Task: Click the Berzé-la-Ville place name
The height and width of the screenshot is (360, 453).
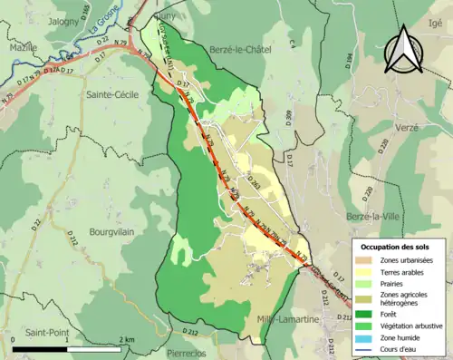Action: tap(374, 216)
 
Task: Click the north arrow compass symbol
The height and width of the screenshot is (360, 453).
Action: tap(400, 50)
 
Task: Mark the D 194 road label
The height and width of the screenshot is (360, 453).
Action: tap(352, 63)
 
